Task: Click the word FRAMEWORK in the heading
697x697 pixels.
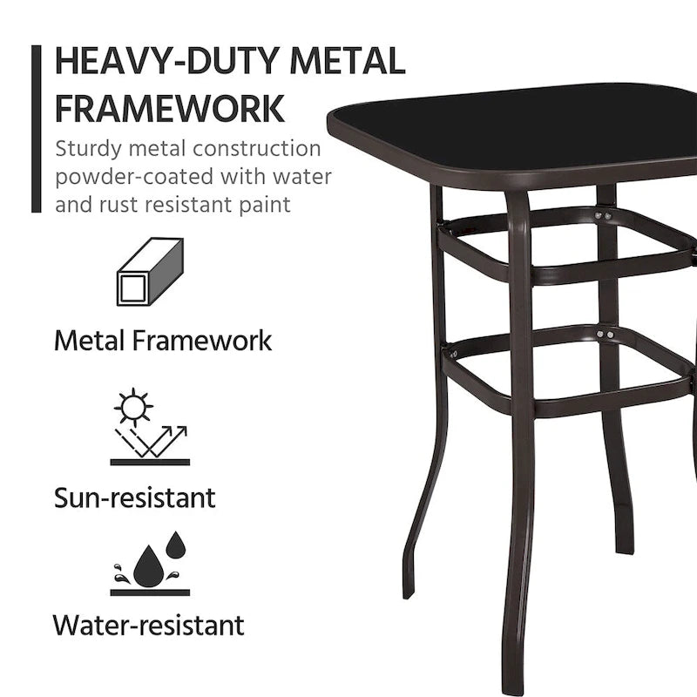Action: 169,109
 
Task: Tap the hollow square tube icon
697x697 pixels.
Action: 150,272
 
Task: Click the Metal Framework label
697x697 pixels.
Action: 163,340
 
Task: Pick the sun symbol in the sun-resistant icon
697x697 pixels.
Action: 135,408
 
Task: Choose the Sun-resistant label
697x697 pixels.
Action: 134,497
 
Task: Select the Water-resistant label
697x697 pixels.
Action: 148,625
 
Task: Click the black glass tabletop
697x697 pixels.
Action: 523,131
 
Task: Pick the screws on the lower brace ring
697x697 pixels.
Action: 604,333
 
